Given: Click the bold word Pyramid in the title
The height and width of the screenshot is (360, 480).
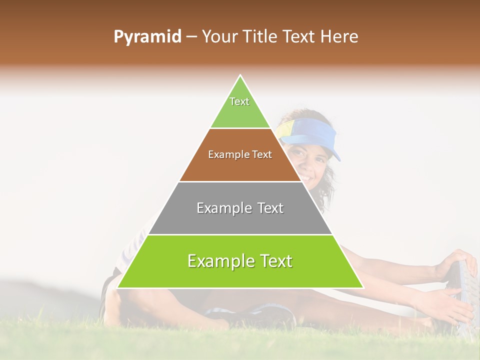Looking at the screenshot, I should (147, 37).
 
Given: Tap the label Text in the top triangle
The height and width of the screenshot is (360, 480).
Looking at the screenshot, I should (239, 101).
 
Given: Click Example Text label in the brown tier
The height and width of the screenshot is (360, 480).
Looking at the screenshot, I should (240, 155).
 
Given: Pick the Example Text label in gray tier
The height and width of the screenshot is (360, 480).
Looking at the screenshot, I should (240, 208).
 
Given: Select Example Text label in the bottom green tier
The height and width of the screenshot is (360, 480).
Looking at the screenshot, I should (240, 261).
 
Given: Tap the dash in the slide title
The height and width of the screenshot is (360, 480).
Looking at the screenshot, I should (191, 37).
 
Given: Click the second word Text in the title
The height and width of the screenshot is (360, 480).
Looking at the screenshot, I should (300, 37).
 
